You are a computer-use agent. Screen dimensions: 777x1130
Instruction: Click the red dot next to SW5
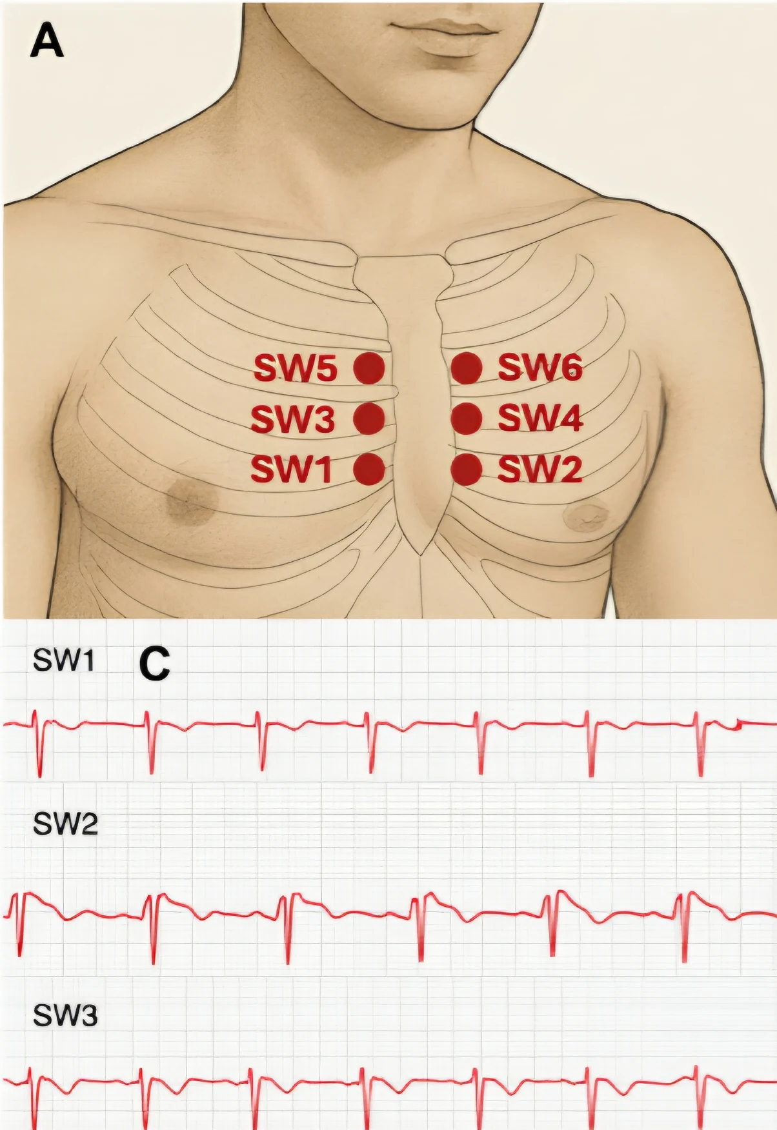pyautogui.click(x=369, y=368)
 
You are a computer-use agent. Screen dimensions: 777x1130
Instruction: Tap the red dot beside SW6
pyautogui.click(x=467, y=368)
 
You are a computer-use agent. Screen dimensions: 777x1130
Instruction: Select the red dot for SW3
pyautogui.click(x=369, y=419)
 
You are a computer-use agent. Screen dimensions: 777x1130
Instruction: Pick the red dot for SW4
pyautogui.click(x=467, y=419)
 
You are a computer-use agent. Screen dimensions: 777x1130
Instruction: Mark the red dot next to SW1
pyautogui.click(x=369, y=469)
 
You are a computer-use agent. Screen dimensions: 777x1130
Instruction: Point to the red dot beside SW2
pyautogui.click(x=467, y=469)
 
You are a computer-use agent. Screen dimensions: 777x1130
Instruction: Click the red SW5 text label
pyautogui.click(x=295, y=368)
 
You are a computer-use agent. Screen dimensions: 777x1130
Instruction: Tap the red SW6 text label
pyautogui.click(x=540, y=368)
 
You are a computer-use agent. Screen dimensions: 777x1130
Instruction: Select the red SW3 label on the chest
pyautogui.click(x=292, y=419)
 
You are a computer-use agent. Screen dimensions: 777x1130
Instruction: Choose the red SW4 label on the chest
pyautogui.click(x=540, y=419)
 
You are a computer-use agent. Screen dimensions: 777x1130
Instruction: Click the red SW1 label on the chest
pyautogui.click(x=291, y=469)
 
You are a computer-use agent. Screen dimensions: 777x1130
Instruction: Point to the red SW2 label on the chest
pyautogui.click(x=540, y=469)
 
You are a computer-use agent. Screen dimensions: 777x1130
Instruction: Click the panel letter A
pyautogui.click(x=47, y=42)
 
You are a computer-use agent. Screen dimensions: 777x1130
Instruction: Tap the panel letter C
pyautogui.click(x=155, y=664)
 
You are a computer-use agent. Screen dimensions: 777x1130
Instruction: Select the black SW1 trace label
pyautogui.click(x=64, y=660)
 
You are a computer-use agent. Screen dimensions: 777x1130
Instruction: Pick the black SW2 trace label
pyautogui.click(x=65, y=824)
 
